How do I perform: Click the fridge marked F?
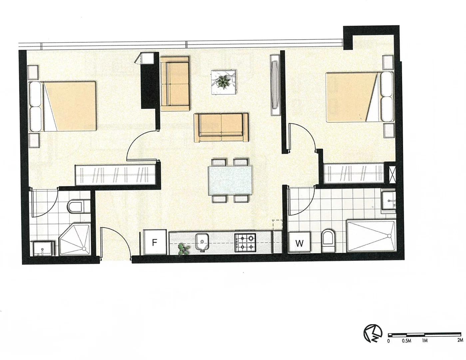click(x=154, y=242)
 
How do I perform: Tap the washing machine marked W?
click(x=299, y=243)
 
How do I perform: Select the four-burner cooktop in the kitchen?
click(x=245, y=242)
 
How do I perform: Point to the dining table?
click(x=230, y=181)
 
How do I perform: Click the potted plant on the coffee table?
click(x=224, y=81)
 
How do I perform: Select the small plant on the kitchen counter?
click(x=183, y=249)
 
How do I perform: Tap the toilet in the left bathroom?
click(x=76, y=206)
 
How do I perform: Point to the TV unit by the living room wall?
click(x=275, y=85)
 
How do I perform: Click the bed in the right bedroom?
click(x=356, y=97)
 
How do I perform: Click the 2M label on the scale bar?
click(x=460, y=341)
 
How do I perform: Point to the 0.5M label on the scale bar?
click(x=406, y=341)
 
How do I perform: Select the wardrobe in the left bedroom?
click(x=115, y=175)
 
